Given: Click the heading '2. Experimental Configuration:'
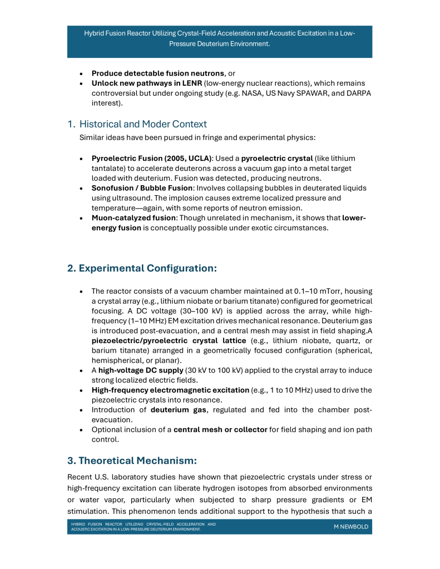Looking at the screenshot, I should [x=142, y=268].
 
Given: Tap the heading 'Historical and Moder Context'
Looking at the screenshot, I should [x=143, y=123].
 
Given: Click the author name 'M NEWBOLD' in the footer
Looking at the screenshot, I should [x=350, y=527].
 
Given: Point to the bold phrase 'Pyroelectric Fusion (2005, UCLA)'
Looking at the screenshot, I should [x=151, y=159].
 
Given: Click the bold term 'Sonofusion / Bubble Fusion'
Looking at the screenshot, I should [x=141, y=189].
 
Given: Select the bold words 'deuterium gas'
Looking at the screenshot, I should [x=175, y=410].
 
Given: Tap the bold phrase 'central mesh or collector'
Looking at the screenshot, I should [x=217, y=429].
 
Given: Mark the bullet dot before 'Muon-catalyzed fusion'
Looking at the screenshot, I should [x=82, y=218].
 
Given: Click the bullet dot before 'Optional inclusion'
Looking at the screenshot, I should [x=82, y=430].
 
